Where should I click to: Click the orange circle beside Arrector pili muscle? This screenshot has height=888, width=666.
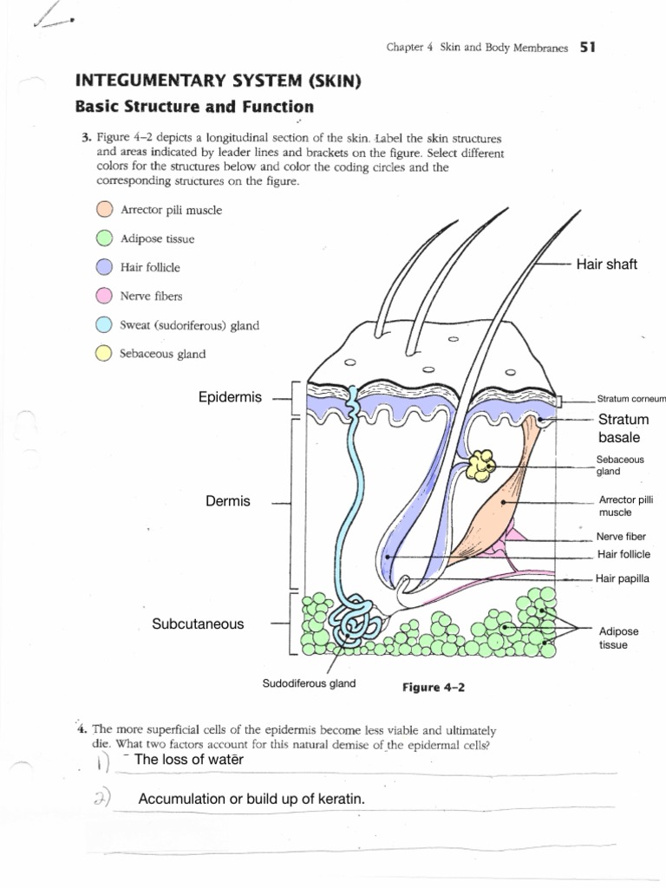pyautogui.click(x=104, y=209)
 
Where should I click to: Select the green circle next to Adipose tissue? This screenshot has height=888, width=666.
pyautogui.click(x=104, y=238)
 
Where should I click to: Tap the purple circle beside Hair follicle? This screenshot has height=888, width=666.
pyautogui.click(x=104, y=267)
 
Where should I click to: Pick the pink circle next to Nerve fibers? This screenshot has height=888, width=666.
pyautogui.click(x=104, y=296)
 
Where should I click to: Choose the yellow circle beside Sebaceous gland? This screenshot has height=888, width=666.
pyautogui.click(x=104, y=353)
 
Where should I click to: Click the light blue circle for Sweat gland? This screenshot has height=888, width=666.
pyautogui.click(x=104, y=325)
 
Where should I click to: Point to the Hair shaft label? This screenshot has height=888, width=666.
pyautogui.click(x=606, y=264)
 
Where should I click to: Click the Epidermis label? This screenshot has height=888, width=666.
pyautogui.click(x=230, y=398)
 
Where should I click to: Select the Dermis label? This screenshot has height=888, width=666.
pyautogui.click(x=227, y=501)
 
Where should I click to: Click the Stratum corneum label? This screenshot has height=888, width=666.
pyautogui.click(x=630, y=400)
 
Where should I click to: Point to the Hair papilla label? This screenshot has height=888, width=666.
pyautogui.click(x=623, y=578)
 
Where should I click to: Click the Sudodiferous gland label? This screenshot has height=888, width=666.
pyautogui.click(x=309, y=683)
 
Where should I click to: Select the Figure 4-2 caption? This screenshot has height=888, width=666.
pyautogui.click(x=434, y=687)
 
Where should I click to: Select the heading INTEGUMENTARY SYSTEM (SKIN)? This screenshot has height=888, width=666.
pyautogui.click(x=218, y=82)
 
